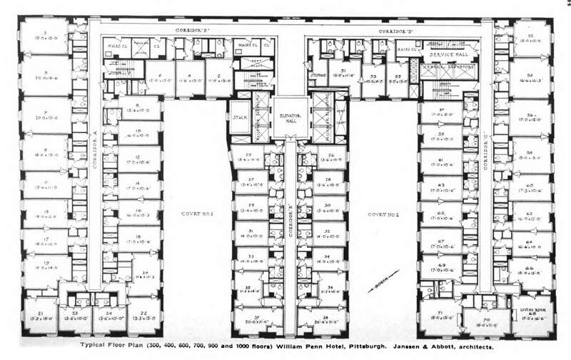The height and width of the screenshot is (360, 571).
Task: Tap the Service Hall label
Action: (x=444, y=54)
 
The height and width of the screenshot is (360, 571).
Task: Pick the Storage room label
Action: (x=318, y=74)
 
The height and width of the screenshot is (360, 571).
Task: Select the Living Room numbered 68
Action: (x=530, y=312)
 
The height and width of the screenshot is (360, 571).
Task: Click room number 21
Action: (x=40, y=315)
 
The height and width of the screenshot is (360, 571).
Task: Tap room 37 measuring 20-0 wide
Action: (x=256, y=319)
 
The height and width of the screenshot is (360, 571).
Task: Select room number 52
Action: (x=530, y=39)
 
